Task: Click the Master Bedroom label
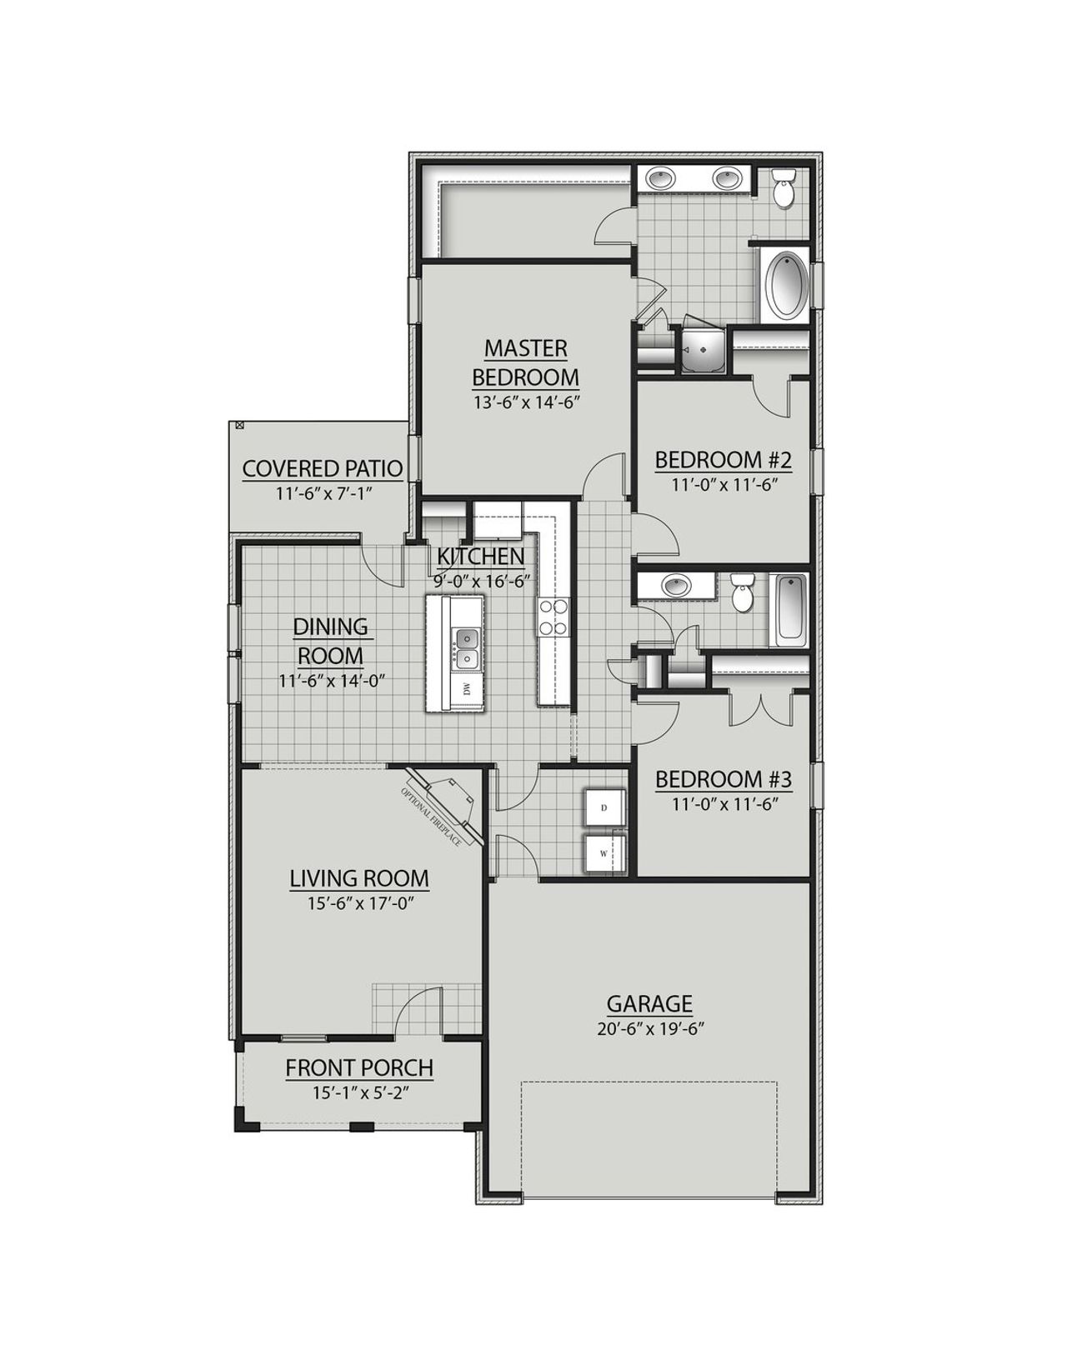click(x=525, y=362)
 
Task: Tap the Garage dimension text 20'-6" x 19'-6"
click(x=650, y=1028)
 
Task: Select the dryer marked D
click(x=604, y=808)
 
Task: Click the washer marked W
click(x=604, y=853)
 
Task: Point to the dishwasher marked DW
click(x=467, y=688)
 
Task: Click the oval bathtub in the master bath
click(x=784, y=285)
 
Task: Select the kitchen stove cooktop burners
click(x=553, y=617)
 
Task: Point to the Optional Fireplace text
click(x=432, y=817)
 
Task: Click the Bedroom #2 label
click(x=722, y=460)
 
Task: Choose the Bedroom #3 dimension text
click(x=723, y=804)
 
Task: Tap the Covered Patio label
click(x=323, y=469)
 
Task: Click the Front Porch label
click(x=359, y=1067)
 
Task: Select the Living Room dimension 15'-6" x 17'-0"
click(x=359, y=902)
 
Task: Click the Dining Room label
click(x=331, y=640)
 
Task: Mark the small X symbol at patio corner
click(x=240, y=425)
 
